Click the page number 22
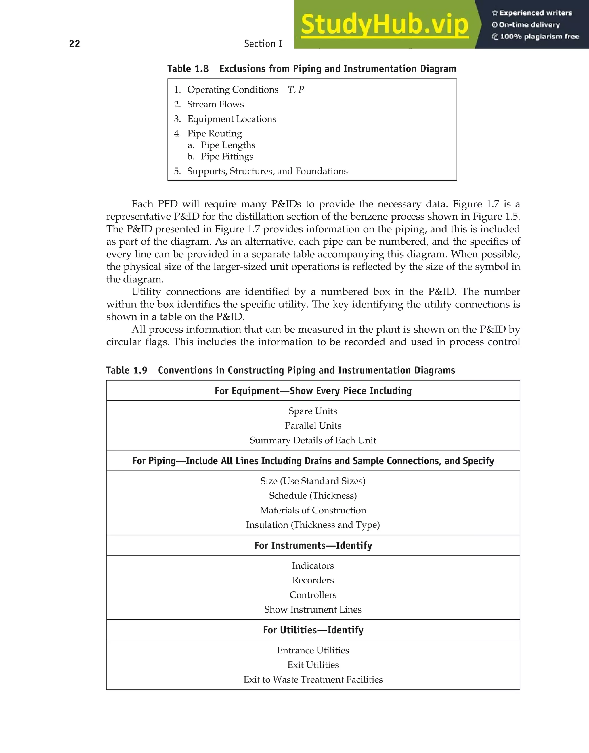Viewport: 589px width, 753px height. coord(74,43)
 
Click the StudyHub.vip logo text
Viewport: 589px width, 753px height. coord(385,24)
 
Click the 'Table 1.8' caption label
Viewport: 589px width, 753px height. coord(188,69)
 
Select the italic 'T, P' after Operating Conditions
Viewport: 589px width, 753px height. coord(296,90)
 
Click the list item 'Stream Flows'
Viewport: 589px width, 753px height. coord(215,104)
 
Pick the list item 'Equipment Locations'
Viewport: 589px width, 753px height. coord(232,119)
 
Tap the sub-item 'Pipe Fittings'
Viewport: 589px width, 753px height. coord(227,157)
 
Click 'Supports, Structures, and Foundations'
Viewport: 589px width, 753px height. coord(267,171)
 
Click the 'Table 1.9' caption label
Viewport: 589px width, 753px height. coord(127,370)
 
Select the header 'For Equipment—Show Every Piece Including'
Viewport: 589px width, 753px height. coord(313,391)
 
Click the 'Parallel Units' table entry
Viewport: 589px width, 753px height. coord(313,425)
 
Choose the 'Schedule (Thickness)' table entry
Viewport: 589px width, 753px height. coord(313,496)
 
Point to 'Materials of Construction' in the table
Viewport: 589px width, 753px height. coord(313,510)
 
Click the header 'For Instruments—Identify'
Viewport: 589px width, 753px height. coord(313,546)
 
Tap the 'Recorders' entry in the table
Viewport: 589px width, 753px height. coord(313,580)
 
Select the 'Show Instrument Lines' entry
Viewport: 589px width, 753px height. coord(313,610)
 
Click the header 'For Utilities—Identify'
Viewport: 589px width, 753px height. coord(313,630)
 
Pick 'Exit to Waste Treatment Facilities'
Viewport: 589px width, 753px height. coord(313,679)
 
